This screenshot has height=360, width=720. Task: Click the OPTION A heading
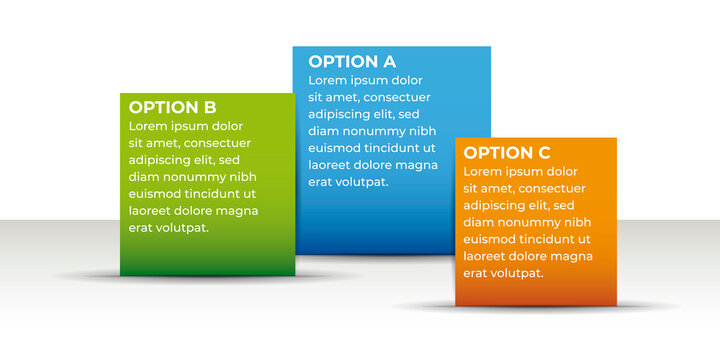pos(351,61)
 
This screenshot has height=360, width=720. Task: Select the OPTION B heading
pos(172,107)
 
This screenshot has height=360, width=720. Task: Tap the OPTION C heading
pos(507,152)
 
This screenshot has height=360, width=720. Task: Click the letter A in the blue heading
pos(388,61)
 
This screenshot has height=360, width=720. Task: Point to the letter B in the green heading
pos(209,107)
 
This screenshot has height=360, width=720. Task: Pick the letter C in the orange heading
pos(544,152)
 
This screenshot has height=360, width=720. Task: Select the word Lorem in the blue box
pos(328,80)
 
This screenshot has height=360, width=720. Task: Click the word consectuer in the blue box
pos(397,97)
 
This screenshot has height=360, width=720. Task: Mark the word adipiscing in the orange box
pos(498,205)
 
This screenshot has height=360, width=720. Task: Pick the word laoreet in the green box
pos(152,211)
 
